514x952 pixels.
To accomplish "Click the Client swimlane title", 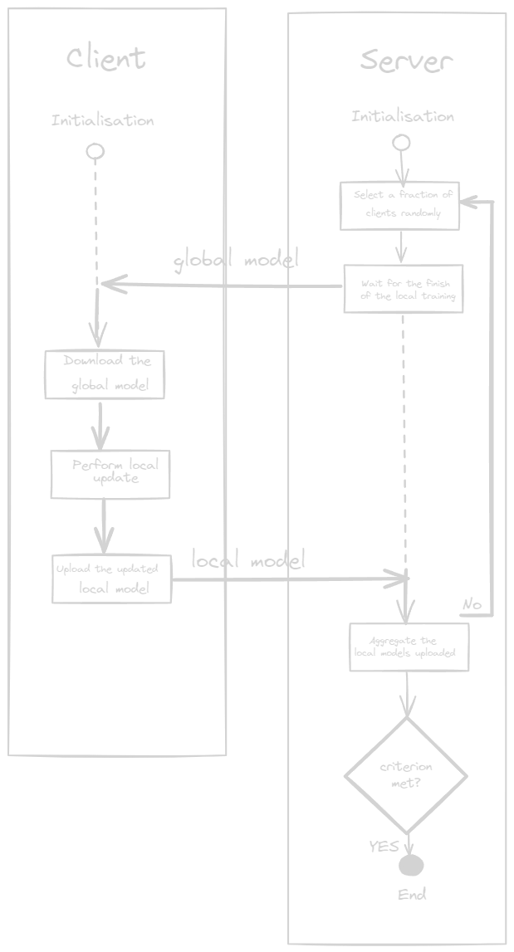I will tap(105, 58).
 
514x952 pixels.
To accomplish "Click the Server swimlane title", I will tap(406, 61).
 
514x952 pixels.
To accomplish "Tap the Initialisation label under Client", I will tap(103, 120).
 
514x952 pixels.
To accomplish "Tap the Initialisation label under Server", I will tap(403, 117).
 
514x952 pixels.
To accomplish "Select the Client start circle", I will tap(95, 151).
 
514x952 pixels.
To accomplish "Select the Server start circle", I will tap(401, 143).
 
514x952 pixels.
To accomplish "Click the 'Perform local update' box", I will tap(110, 474).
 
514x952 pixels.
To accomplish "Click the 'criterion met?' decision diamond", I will tap(405, 775).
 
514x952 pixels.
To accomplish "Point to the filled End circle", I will tap(411, 866).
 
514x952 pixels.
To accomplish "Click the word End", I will tap(412, 895).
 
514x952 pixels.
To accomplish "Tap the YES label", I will tap(384, 847).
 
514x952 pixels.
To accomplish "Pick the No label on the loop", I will tap(472, 603).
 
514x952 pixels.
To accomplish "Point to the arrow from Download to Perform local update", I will tap(100, 424).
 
